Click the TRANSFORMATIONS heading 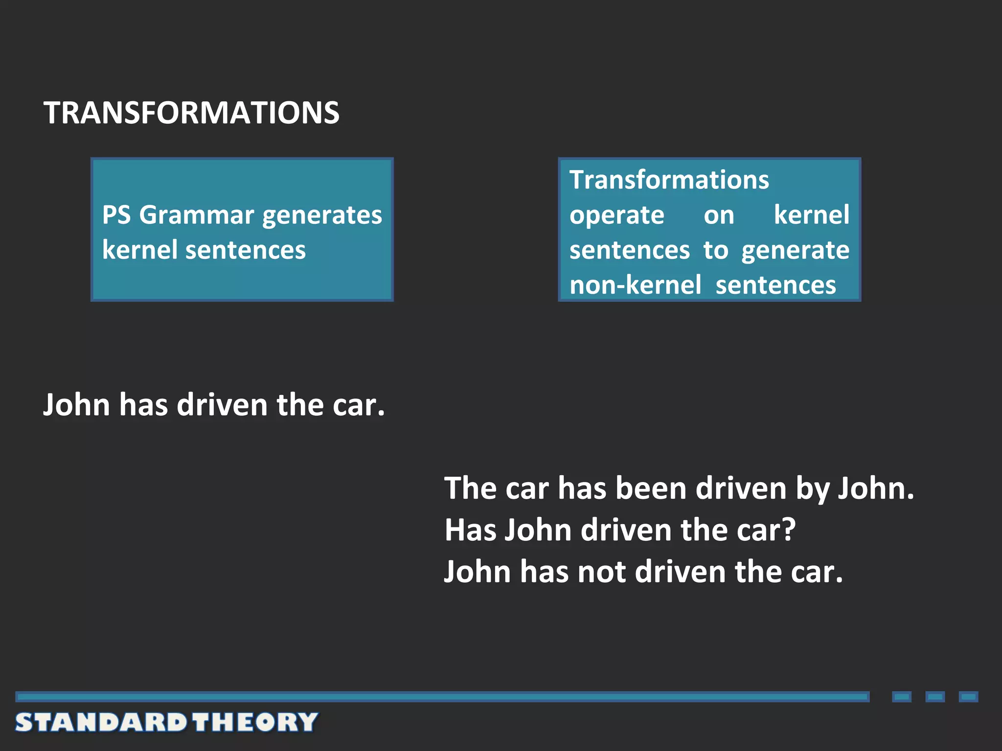191,112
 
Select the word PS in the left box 116,215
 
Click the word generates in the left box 322,216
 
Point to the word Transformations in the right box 669,179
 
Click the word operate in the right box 617,216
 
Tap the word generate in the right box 795,251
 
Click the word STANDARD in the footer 101,722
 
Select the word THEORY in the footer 255,722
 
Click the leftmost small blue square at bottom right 901,697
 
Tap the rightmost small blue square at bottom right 968,697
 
